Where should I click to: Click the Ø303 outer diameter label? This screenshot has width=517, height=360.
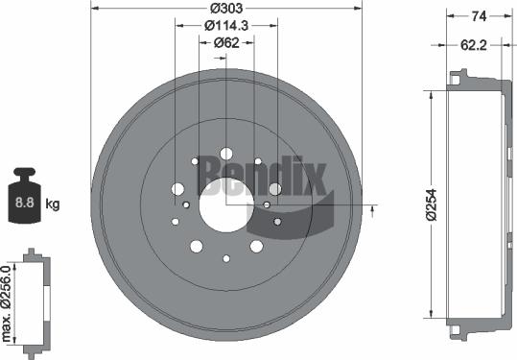[x=226, y=9]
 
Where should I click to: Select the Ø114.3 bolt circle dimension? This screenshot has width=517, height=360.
[x=226, y=25]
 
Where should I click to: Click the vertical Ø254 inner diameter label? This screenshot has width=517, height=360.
[x=433, y=205]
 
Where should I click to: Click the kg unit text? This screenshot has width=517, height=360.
[x=53, y=203]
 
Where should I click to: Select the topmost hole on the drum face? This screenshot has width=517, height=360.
[x=226, y=153]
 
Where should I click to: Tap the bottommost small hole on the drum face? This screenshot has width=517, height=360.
[x=226, y=257]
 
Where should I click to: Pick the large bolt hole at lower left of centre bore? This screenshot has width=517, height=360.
[x=197, y=247]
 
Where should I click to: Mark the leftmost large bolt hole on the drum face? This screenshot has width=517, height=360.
[x=177, y=189]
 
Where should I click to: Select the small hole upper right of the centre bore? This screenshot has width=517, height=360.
[x=257, y=161]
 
